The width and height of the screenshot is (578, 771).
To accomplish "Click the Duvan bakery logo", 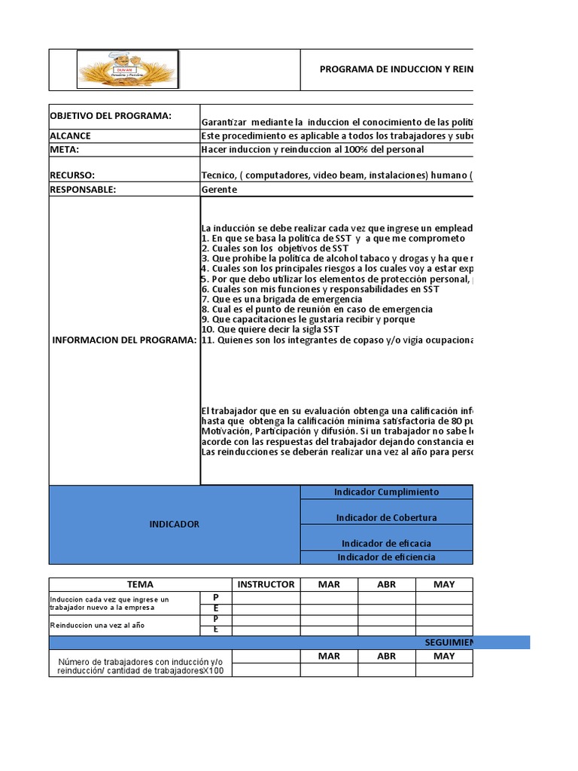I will (126, 69).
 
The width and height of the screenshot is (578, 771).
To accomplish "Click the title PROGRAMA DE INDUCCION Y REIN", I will (397, 69).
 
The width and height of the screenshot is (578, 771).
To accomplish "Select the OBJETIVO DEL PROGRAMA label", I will (111, 116).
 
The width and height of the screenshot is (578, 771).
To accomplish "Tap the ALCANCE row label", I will (70, 136).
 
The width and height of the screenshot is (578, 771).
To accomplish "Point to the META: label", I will (65, 149).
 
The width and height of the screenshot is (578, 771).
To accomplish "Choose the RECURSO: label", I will (72, 175).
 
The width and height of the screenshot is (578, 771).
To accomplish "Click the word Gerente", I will (219, 190).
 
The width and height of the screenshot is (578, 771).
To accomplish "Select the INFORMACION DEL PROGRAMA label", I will (124, 340).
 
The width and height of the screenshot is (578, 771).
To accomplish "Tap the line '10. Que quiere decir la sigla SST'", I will (270, 330).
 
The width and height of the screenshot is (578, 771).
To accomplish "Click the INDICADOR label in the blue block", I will (174, 524).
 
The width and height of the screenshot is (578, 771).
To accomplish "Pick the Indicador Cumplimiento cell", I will (386, 492).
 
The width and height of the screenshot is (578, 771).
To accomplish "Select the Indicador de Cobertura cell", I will (386, 518).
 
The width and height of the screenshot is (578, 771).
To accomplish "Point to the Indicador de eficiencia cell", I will (386, 557).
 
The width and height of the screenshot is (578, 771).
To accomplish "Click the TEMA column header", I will (141, 584).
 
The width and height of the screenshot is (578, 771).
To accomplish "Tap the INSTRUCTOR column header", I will (266, 584).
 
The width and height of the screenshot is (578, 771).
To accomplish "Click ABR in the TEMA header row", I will (386, 584).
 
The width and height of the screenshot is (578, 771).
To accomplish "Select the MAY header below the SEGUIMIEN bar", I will (444, 657).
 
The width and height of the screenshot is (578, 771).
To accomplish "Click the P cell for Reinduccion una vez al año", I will (216, 620).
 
